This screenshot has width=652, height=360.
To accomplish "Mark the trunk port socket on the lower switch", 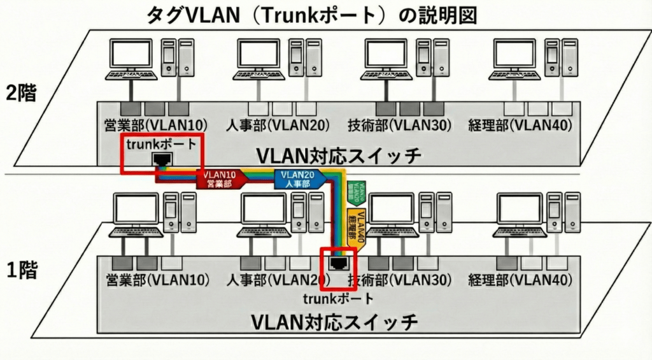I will click(x=337, y=261).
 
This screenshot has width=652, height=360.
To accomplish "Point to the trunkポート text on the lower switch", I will click(x=338, y=298).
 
